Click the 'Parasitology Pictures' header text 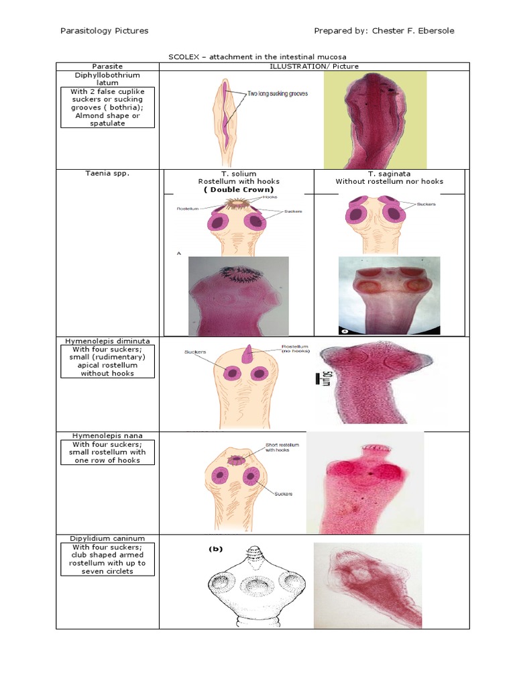[x=104, y=31]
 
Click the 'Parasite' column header [x=107, y=66]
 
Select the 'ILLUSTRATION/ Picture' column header [x=314, y=66]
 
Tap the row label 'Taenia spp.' [x=107, y=173]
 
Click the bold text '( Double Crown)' [x=236, y=190]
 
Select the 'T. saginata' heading [x=390, y=173]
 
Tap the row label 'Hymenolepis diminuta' [x=107, y=341]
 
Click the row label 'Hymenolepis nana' [x=107, y=435]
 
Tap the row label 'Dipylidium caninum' [x=107, y=538]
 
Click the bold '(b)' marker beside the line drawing [x=215, y=549]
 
